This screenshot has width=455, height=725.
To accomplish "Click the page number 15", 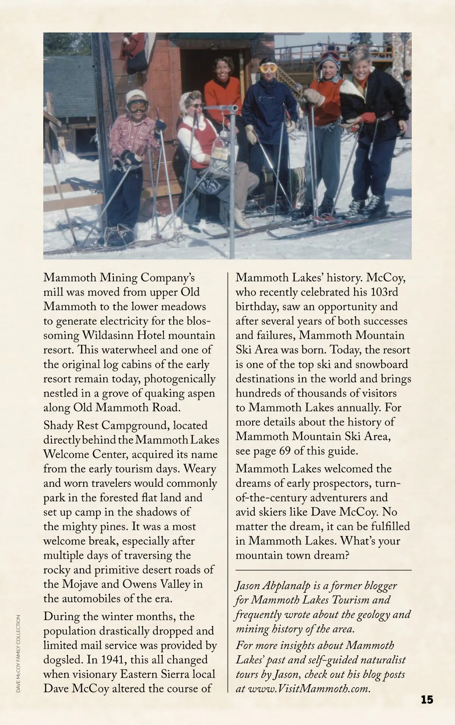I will (x=427, y=699).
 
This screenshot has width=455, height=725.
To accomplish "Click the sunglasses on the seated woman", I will (x=197, y=105).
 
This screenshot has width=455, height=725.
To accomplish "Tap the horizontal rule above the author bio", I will (x=323, y=570).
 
